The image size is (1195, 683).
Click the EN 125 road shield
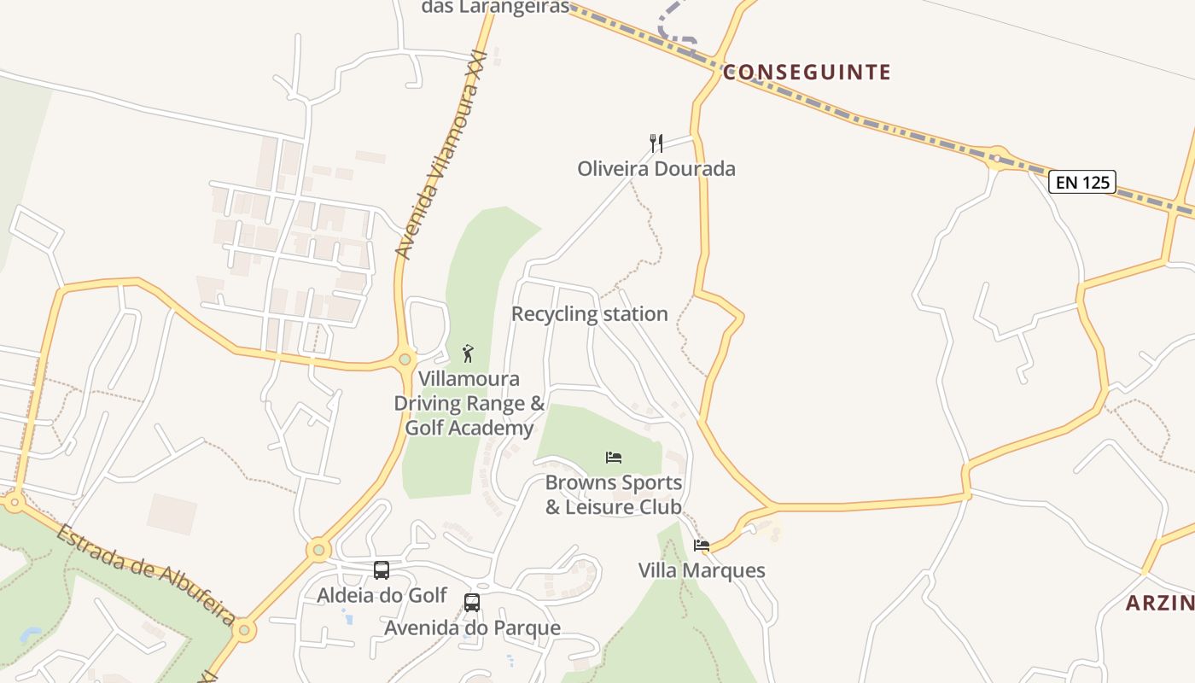(x=1082, y=182)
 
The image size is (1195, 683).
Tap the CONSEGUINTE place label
(x=807, y=73)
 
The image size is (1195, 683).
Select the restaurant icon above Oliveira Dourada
(x=656, y=142)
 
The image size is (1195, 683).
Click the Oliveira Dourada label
(x=656, y=169)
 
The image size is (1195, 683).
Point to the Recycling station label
(x=589, y=314)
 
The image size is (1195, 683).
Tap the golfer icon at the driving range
(x=467, y=353)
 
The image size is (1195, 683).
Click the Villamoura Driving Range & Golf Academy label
(x=469, y=403)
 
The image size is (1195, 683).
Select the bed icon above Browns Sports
(x=614, y=458)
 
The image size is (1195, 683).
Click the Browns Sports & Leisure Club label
(x=614, y=495)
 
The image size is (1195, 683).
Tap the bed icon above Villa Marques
(x=702, y=546)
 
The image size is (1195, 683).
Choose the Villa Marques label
(x=702, y=570)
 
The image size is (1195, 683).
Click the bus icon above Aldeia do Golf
(x=382, y=569)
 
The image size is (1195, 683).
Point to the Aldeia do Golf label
(x=382, y=595)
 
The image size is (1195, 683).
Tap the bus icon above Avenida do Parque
(x=471, y=603)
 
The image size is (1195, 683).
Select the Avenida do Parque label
(x=472, y=628)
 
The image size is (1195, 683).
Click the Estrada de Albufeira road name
(x=146, y=575)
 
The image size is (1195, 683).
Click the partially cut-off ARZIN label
(x=1159, y=604)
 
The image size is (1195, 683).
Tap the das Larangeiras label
(x=495, y=8)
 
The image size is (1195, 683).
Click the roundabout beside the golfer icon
(x=405, y=359)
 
